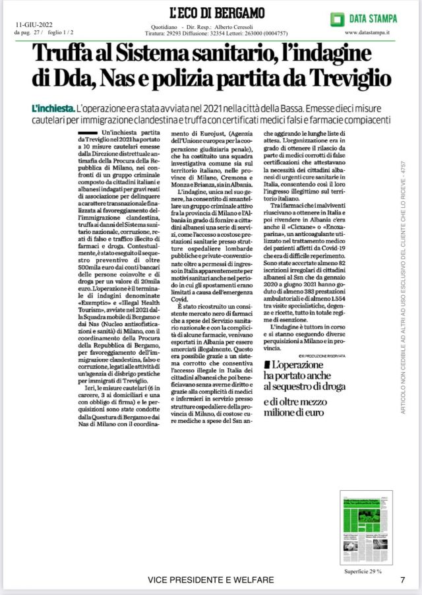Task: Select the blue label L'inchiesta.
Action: click(x=52, y=107)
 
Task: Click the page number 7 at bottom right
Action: click(x=402, y=580)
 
